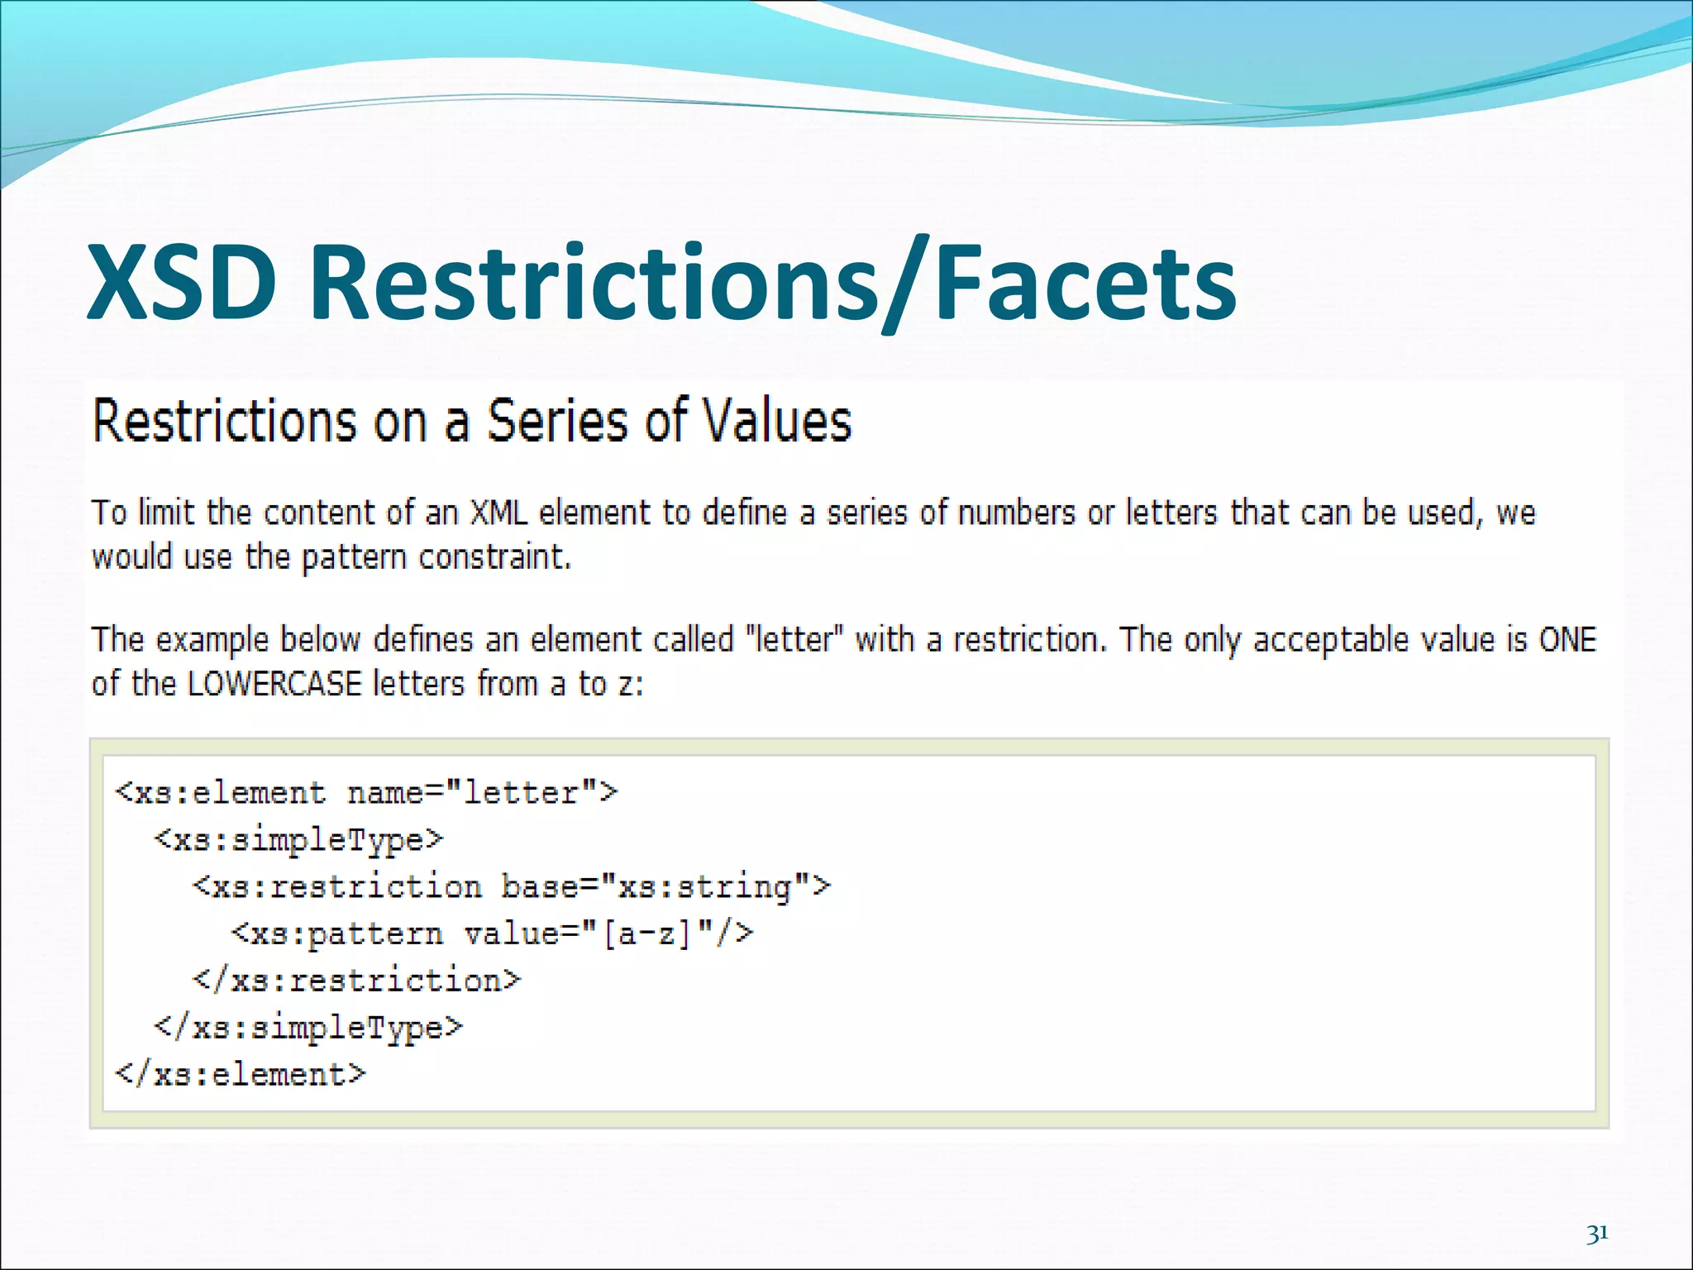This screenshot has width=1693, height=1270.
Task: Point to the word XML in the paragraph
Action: (x=498, y=513)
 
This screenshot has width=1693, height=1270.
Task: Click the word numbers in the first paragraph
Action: (x=1016, y=513)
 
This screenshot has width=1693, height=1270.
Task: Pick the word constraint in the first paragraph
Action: (x=494, y=556)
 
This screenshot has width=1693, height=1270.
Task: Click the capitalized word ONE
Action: (x=1567, y=639)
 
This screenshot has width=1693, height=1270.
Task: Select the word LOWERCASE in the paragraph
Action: (x=274, y=684)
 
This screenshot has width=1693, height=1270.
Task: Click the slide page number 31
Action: (x=1597, y=1234)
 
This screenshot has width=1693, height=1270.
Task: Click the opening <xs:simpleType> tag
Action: (x=298, y=840)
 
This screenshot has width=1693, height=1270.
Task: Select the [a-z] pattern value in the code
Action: (x=646, y=934)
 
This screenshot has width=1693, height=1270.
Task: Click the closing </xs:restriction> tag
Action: (x=357, y=981)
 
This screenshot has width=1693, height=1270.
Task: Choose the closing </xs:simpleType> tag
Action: (x=308, y=1028)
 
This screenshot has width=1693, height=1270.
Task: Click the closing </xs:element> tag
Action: (x=241, y=1075)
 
